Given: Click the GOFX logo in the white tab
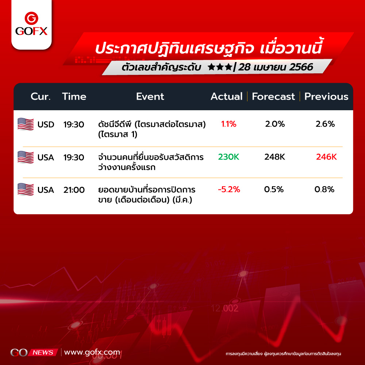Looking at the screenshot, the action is pyautogui.click(x=31, y=24).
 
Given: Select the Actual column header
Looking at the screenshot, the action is pyautogui.click(x=227, y=96).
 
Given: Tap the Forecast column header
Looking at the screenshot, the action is pyautogui.click(x=273, y=96).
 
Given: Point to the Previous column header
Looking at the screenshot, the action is pyautogui.click(x=326, y=96).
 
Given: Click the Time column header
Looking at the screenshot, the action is pyautogui.click(x=74, y=96).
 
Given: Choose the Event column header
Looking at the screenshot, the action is pyautogui.click(x=150, y=96).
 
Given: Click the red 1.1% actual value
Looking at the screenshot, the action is pyautogui.click(x=228, y=124).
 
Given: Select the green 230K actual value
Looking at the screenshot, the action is pyautogui.click(x=228, y=157).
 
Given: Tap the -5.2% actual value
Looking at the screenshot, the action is pyautogui.click(x=229, y=189).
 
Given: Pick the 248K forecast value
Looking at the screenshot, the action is pyautogui.click(x=275, y=157).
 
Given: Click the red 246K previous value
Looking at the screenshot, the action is pyautogui.click(x=326, y=157).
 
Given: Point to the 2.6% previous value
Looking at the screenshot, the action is pyautogui.click(x=325, y=124).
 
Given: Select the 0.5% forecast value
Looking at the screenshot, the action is pyautogui.click(x=274, y=189).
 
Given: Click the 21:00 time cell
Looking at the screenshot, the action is pyautogui.click(x=74, y=190).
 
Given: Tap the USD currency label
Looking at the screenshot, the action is pyautogui.click(x=46, y=124).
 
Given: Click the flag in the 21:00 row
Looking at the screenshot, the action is pyautogui.click(x=26, y=189).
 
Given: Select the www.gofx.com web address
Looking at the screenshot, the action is pyautogui.click(x=92, y=353).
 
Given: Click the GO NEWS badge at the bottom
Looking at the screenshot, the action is pyautogui.click(x=34, y=353).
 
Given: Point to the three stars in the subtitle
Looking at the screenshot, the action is pyautogui.click(x=220, y=67).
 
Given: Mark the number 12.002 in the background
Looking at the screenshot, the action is pyautogui.click(x=224, y=308).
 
